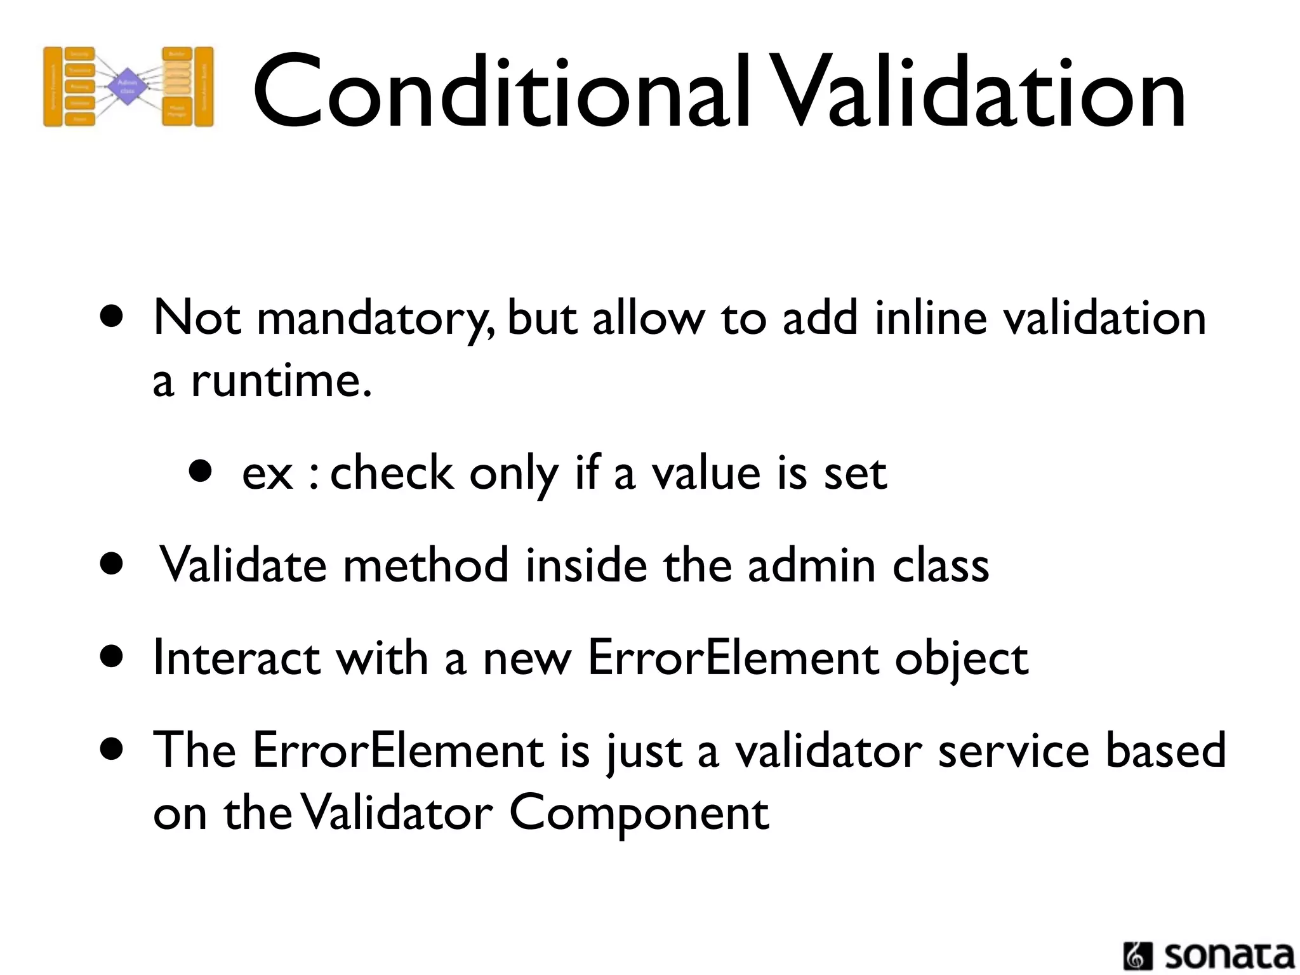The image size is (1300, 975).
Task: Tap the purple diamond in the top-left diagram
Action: click(x=128, y=86)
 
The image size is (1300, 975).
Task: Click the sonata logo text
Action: click(x=1228, y=955)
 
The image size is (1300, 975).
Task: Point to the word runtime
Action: click(x=280, y=381)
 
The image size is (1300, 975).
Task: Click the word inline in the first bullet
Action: click(x=930, y=317)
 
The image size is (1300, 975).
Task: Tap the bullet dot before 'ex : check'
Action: click(x=201, y=472)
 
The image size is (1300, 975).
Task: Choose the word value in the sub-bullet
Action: click(x=706, y=474)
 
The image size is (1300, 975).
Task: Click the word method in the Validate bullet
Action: click(x=425, y=565)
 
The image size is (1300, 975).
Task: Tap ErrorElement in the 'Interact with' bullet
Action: click(x=733, y=658)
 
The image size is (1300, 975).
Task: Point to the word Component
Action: click(x=639, y=814)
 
